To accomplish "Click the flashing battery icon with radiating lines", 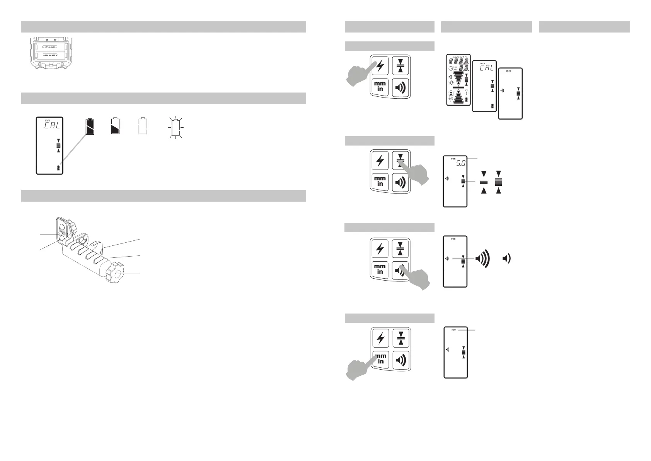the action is pos(176,127).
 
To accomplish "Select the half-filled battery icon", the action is pos(115,126).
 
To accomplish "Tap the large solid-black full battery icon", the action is pos(90,126).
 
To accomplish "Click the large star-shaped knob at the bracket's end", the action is pos(118,272).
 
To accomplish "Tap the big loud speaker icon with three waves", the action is pos(482,259).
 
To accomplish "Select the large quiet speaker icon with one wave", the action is pos(506,259).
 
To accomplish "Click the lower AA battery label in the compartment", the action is pos(50,55).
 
